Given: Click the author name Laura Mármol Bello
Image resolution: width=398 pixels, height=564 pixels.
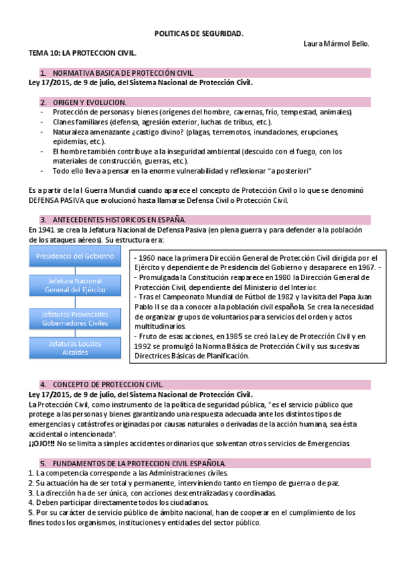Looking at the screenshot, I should pos(336,43).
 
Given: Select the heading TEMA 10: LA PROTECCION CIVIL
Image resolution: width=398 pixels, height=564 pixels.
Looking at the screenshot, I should pos(82,52).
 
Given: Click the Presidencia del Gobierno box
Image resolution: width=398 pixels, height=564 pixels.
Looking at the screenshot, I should pos(74,256).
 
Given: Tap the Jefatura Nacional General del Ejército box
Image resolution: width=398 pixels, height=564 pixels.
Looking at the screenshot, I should pos(74,285).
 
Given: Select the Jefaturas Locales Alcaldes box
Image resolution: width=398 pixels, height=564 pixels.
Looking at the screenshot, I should pos(74,348).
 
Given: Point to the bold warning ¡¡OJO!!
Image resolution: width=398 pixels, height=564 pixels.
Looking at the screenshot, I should pos(42,444).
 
